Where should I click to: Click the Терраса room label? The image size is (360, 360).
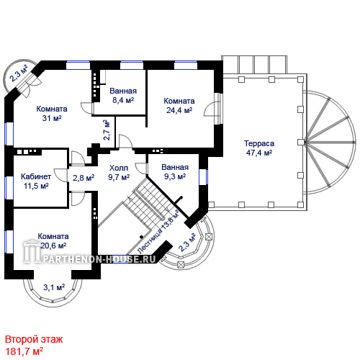(x=259, y=143)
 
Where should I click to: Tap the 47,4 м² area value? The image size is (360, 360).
(x=259, y=153)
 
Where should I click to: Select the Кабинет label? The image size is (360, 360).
(x=36, y=176)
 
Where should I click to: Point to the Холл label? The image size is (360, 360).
(x=119, y=168)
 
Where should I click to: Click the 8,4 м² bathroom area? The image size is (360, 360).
(x=123, y=100)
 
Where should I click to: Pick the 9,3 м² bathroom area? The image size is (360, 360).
(x=175, y=176)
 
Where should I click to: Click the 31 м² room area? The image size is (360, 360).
(x=52, y=118)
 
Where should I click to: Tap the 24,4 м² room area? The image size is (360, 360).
(x=179, y=110)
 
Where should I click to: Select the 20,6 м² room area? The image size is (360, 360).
(x=53, y=246)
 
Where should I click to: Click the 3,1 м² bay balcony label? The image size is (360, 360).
(x=54, y=287)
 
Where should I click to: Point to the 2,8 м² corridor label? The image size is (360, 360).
(x=84, y=178)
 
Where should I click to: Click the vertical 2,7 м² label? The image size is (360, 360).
(x=107, y=130)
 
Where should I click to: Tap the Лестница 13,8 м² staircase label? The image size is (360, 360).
(x=158, y=231)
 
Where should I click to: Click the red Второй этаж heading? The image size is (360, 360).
(x=34, y=340)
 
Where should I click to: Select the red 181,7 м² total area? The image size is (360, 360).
(x=24, y=351)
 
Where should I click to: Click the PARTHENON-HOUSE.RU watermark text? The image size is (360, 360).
(x=99, y=259)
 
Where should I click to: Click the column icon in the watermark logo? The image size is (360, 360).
(x=32, y=251)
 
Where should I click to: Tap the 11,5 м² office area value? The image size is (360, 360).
(x=36, y=186)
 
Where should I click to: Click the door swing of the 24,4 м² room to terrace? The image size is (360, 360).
(x=211, y=109)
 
